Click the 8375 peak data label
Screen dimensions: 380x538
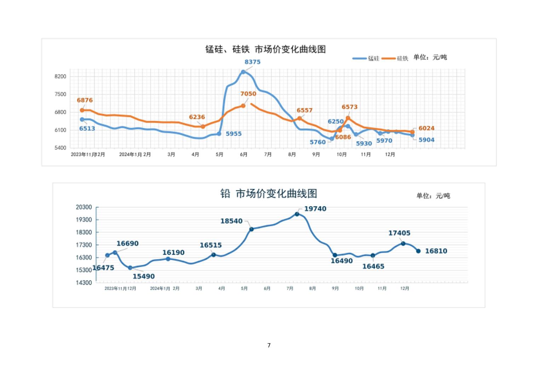point(252,62)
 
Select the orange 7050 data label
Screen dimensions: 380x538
point(248,94)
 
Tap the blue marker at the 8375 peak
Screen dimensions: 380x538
point(243,72)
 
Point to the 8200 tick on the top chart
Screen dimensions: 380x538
point(61,76)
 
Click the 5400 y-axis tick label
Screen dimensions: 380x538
point(61,148)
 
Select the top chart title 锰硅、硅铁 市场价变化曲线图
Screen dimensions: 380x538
point(265,49)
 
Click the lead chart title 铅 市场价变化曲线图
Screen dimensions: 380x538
point(269,194)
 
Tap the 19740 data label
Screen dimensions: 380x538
point(315,209)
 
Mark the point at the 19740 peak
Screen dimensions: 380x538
point(297,214)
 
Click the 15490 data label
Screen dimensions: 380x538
point(143,276)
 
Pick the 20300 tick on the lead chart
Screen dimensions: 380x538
point(84,207)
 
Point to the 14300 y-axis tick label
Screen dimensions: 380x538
point(84,283)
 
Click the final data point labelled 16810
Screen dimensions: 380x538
point(418,251)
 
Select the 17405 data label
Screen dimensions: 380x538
point(399,233)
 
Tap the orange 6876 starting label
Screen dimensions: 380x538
point(85,100)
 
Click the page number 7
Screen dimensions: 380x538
point(269,345)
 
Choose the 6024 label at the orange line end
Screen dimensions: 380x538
point(426,128)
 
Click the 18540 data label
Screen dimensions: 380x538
point(231,221)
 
